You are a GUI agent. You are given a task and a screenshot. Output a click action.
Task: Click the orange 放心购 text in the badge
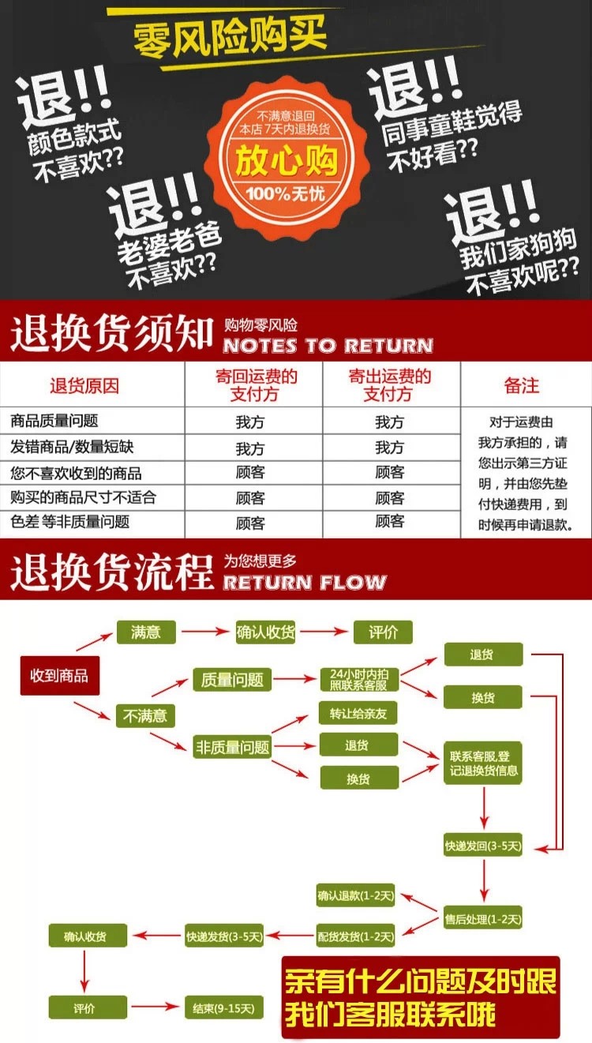point(287,162)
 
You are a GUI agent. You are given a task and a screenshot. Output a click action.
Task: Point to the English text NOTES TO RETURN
point(328,346)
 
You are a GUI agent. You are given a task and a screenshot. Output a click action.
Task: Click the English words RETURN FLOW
point(305,583)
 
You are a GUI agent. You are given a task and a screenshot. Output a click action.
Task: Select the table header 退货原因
point(84,385)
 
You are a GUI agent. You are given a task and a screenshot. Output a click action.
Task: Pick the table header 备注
point(522,385)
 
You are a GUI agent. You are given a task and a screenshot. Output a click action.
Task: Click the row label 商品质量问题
point(55,422)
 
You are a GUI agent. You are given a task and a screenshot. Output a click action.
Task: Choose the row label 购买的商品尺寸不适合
point(84,497)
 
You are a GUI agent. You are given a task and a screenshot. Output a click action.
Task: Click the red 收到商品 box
point(59,676)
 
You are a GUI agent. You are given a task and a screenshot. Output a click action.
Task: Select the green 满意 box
point(146,632)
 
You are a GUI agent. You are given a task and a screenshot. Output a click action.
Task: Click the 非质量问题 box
point(232,747)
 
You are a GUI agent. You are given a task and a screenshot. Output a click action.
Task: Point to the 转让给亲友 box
point(358,714)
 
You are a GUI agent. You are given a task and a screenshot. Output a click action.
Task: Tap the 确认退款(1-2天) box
point(355,897)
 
